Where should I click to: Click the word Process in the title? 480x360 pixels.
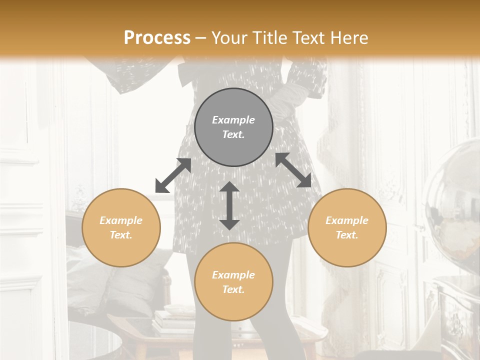(157, 38)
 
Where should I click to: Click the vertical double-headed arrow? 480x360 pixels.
(229, 205)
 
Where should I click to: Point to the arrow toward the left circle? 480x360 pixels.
(173, 175)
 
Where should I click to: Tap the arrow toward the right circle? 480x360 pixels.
(293, 170)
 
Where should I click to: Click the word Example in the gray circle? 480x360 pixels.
(233, 120)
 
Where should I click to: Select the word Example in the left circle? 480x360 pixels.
(121, 220)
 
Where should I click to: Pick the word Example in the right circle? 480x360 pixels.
(347, 220)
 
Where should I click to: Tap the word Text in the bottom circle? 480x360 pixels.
(233, 290)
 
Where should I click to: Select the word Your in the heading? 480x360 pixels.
(227, 38)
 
